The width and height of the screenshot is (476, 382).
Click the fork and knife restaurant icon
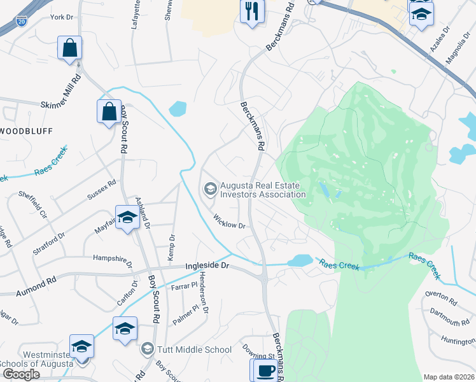(252, 11)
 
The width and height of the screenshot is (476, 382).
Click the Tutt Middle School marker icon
(148, 349)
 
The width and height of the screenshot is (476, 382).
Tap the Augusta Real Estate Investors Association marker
(209, 189)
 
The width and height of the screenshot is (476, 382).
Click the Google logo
(20, 374)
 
